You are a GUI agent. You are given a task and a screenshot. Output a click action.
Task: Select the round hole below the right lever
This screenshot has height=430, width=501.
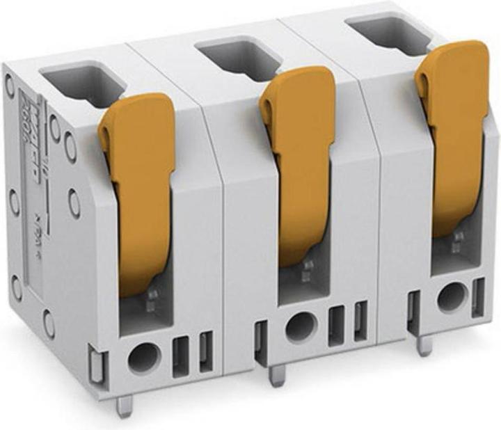451,298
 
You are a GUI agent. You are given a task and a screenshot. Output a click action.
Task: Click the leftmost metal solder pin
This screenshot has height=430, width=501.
125,405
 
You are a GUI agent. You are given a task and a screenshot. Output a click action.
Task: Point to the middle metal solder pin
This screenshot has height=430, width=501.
277,376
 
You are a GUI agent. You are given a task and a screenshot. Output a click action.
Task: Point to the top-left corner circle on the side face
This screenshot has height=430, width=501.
10,86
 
